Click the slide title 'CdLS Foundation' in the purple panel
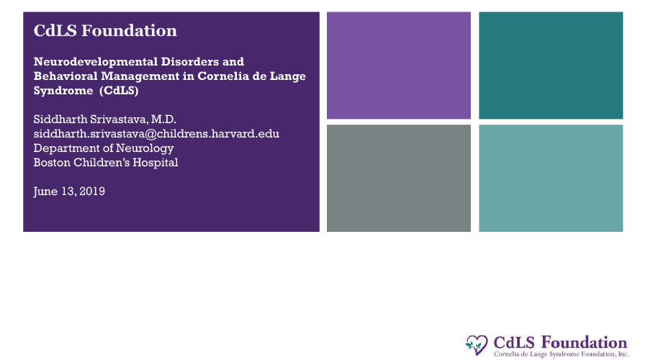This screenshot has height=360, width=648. [x=105, y=30]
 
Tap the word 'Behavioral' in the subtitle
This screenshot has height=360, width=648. [x=66, y=76]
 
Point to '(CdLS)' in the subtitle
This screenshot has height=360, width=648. [x=119, y=91]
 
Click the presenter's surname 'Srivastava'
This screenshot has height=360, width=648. [x=119, y=120]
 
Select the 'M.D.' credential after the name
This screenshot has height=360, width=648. [x=163, y=120]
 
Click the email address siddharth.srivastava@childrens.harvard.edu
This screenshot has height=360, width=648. [x=156, y=134]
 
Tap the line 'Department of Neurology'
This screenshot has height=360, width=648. [x=104, y=148]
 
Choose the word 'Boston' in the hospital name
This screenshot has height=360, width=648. [x=52, y=163]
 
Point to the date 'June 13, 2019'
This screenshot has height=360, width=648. [x=69, y=192]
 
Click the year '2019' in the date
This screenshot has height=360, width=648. [x=92, y=192]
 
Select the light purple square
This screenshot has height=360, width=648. [x=399, y=66]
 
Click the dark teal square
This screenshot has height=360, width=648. [x=551, y=66]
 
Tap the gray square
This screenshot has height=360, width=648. [x=399, y=178]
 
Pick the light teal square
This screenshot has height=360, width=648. [x=551, y=178]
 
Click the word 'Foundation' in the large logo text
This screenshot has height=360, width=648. [x=585, y=343]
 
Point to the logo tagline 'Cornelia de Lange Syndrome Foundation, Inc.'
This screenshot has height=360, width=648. [x=561, y=354]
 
